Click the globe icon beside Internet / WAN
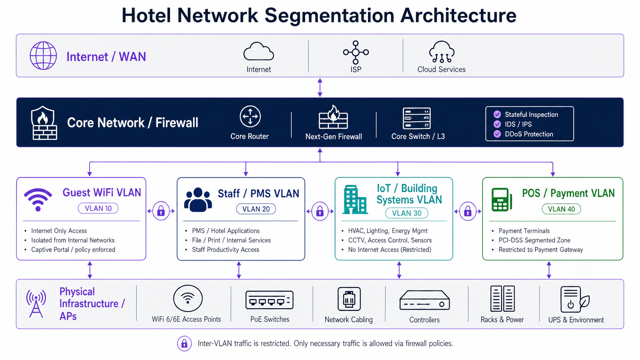[43, 56]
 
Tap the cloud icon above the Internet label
[258, 52]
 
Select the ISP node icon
[356, 52]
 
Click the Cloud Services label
[441, 70]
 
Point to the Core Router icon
[250, 116]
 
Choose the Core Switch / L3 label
[418, 136]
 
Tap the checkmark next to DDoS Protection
[497, 134]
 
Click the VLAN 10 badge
[98, 208]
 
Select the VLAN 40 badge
[561, 209]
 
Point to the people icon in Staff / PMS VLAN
[198, 200]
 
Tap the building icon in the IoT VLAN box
[355, 200]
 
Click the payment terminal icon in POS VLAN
[501, 200]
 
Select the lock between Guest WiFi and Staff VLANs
[161, 211]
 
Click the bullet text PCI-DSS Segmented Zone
[534, 240]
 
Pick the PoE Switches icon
[270, 300]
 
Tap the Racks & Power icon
[502, 299]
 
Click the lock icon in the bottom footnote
[184, 344]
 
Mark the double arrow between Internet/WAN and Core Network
[320, 87]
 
